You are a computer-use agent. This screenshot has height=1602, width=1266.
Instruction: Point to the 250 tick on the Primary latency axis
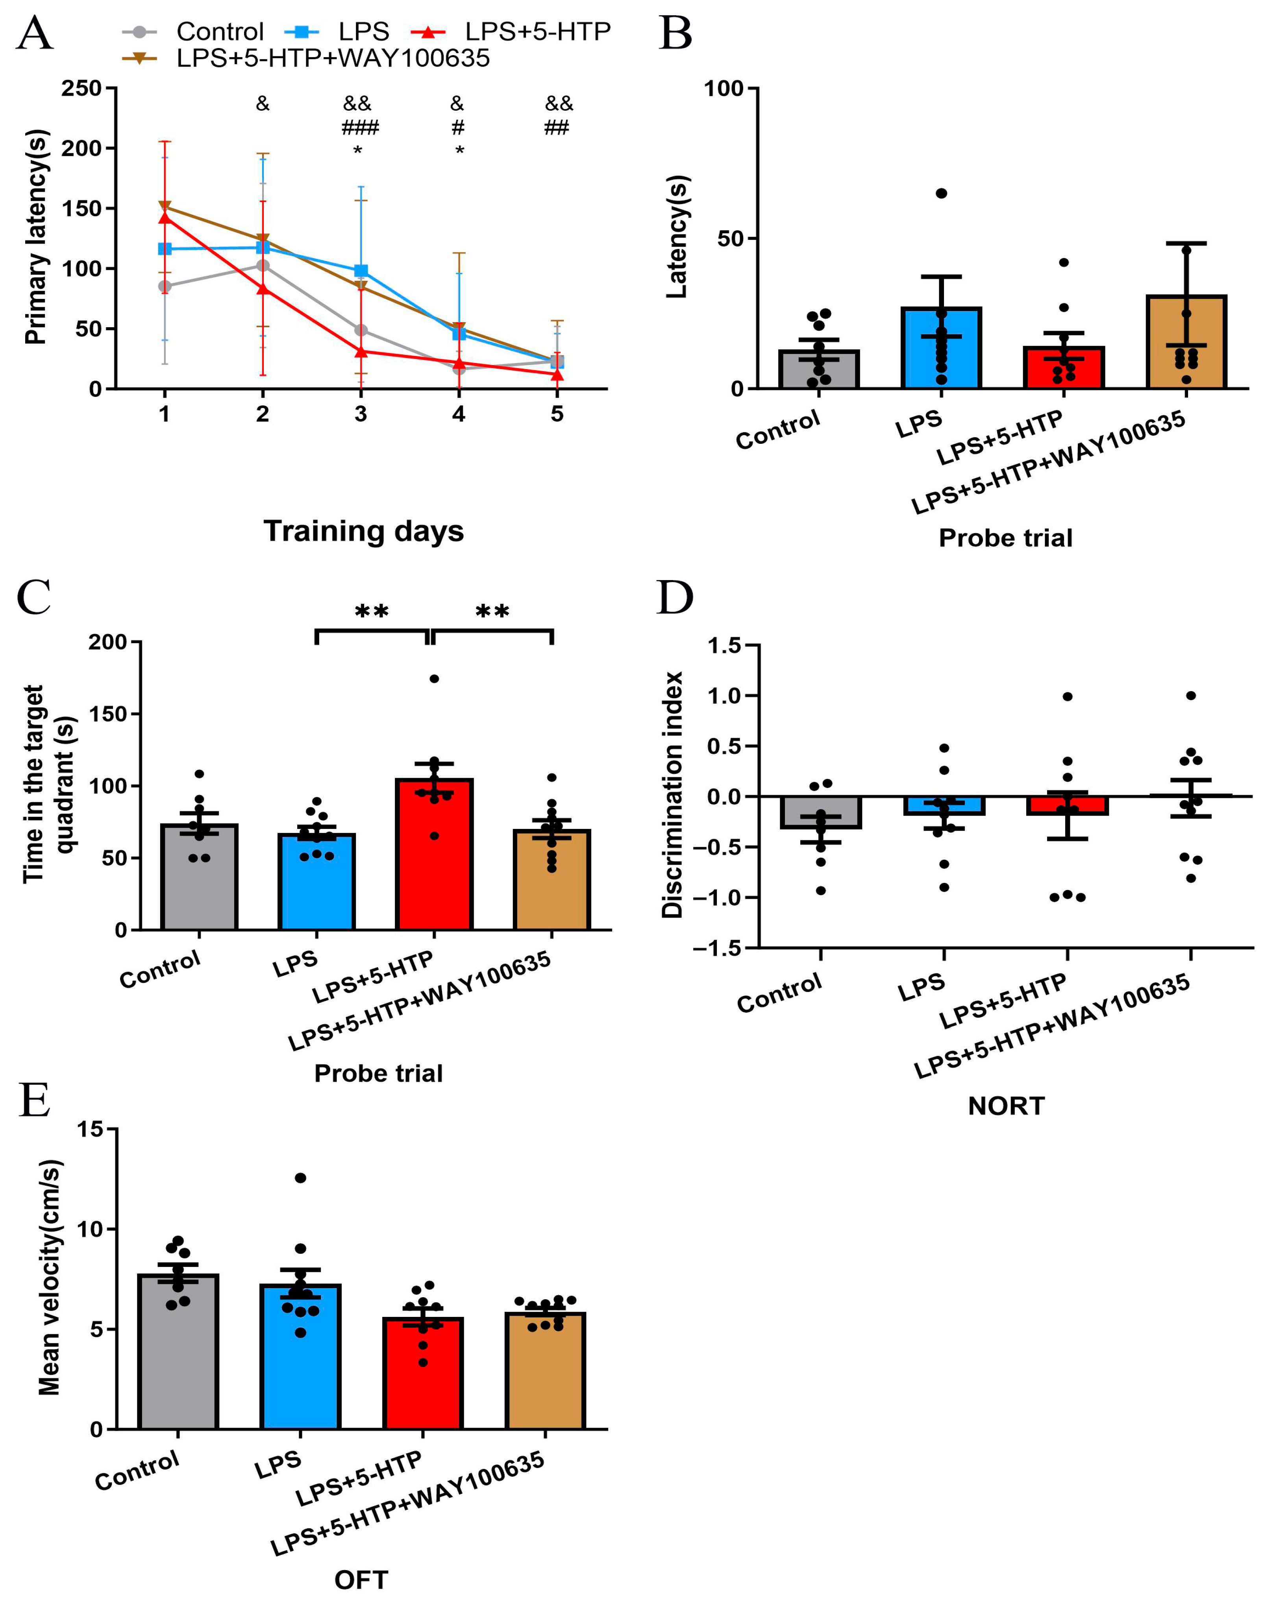tap(81, 88)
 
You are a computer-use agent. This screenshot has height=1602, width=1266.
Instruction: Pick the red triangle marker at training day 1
tap(165, 217)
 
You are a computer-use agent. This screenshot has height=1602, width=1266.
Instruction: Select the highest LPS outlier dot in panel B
tap(941, 193)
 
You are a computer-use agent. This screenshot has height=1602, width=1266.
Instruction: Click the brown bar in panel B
tap(1186, 349)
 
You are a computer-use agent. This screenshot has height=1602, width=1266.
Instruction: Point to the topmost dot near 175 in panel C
tap(434, 678)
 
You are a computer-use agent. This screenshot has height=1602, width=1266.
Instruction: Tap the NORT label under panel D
tap(1006, 1106)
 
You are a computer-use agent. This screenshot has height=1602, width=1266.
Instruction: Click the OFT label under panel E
tap(361, 1580)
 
